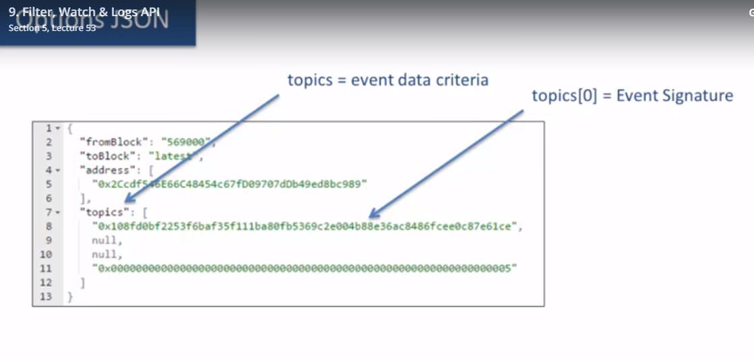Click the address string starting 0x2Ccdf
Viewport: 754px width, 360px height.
point(230,184)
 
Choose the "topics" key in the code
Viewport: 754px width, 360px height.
point(104,212)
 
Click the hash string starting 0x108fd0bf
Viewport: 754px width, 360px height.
point(307,227)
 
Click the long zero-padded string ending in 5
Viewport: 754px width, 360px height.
point(307,269)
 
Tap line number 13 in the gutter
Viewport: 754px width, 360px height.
point(46,297)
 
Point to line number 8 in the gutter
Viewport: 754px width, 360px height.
point(49,227)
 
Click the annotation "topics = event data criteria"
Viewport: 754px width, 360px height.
point(387,80)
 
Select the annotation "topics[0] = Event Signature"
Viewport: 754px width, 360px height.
point(632,96)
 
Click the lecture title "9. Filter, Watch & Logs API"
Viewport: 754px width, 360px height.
point(84,11)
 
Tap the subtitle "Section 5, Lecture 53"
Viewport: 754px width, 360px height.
point(53,28)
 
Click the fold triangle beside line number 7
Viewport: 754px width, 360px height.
point(58,213)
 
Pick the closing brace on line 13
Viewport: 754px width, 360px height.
point(69,297)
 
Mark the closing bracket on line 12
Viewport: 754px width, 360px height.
point(82,283)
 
